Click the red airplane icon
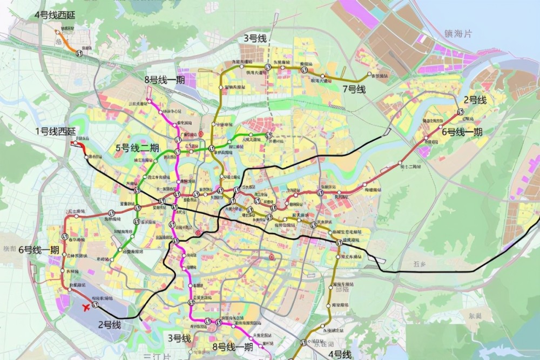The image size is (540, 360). coord(84,307)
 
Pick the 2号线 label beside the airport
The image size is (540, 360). coord(109,324)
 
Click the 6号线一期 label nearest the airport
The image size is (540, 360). coord(38,250)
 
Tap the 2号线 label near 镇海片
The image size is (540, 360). coord(475,99)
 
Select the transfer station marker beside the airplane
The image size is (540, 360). coord(96,305)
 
